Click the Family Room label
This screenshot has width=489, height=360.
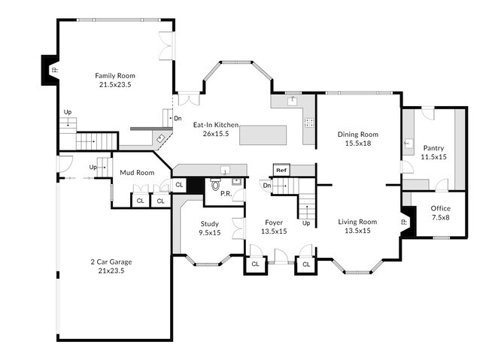tap(114, 75)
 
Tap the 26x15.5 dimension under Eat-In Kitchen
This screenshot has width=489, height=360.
tap(215, 134)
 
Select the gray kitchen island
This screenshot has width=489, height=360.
tap(263, 135)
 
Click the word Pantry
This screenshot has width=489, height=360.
tap(433, 148)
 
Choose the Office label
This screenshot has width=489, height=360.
tap(440, 208)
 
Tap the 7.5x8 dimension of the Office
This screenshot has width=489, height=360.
tap(440, 217)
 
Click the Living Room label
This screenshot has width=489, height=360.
tap(357, 222)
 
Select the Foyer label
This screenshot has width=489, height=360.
tap(274, 222)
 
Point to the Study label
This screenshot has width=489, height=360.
tap(210, 223)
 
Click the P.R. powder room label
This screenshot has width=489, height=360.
tap(225, 192)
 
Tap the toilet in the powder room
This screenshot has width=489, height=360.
tap(216, 183)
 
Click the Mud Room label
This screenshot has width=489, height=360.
tap(137, 173)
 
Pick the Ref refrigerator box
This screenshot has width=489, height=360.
tap(281, 171)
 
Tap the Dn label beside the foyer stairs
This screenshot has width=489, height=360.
tap(266, 185)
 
